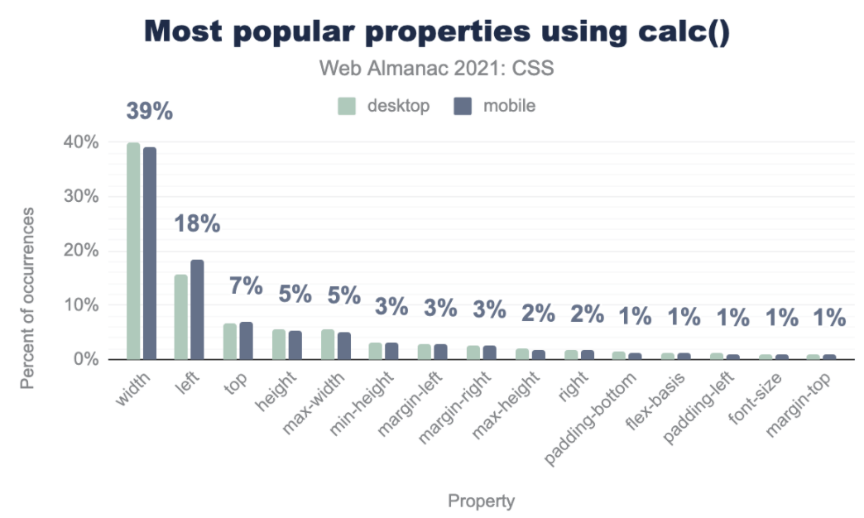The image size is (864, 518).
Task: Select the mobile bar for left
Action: click(197, 309)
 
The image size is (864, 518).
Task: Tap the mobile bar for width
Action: click(150, 253)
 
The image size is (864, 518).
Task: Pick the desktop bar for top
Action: click(230, 341)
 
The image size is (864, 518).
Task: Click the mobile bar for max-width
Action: click(344, 346)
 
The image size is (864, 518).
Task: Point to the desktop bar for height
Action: click(279, 344)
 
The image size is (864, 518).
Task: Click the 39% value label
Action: click(149, 112)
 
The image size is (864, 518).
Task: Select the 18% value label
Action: click(197, 223)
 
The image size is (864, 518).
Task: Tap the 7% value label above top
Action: click(246, 286)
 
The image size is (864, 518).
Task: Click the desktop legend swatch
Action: click(347, 106)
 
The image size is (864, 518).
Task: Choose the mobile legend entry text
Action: click(509, 106)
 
